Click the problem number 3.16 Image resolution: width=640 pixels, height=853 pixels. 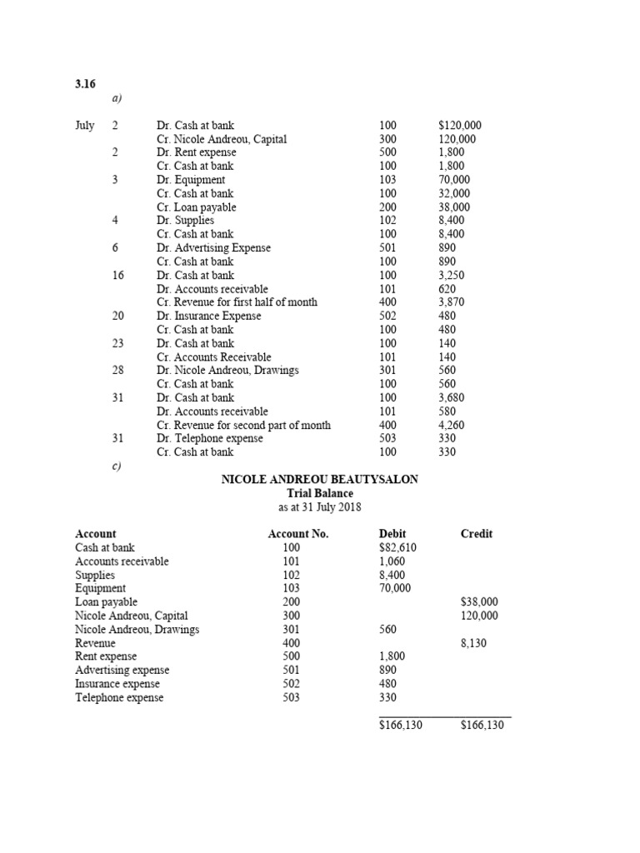point(87,83)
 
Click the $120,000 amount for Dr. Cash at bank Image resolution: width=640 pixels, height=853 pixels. point(460,126)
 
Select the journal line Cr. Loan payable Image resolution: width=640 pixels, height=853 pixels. point(197,207)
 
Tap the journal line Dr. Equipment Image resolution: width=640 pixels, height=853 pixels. point(191,180)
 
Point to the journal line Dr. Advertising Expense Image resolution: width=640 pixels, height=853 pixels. point(213,248)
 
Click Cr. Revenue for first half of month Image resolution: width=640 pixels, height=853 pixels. point(237,302)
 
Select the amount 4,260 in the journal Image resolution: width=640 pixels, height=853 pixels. point(452,426)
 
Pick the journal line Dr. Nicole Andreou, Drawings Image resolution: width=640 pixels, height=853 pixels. point(227,371)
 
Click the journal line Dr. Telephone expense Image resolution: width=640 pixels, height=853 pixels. point(209,439)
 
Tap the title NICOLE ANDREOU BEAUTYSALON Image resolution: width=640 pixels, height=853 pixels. point(319,480)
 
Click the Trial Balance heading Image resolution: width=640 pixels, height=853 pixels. point(319,493)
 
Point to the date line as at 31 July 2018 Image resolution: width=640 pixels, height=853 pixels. point(319,507)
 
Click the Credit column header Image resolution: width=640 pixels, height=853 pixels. point(477,534)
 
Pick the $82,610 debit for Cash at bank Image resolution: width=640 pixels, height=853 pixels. point(397,548)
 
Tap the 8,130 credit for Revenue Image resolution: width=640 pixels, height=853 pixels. point(474,643)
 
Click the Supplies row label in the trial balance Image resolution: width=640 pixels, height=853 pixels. point(95,576)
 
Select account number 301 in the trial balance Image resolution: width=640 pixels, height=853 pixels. point(291,630)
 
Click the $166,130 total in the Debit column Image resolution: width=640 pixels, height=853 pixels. point(401,726)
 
